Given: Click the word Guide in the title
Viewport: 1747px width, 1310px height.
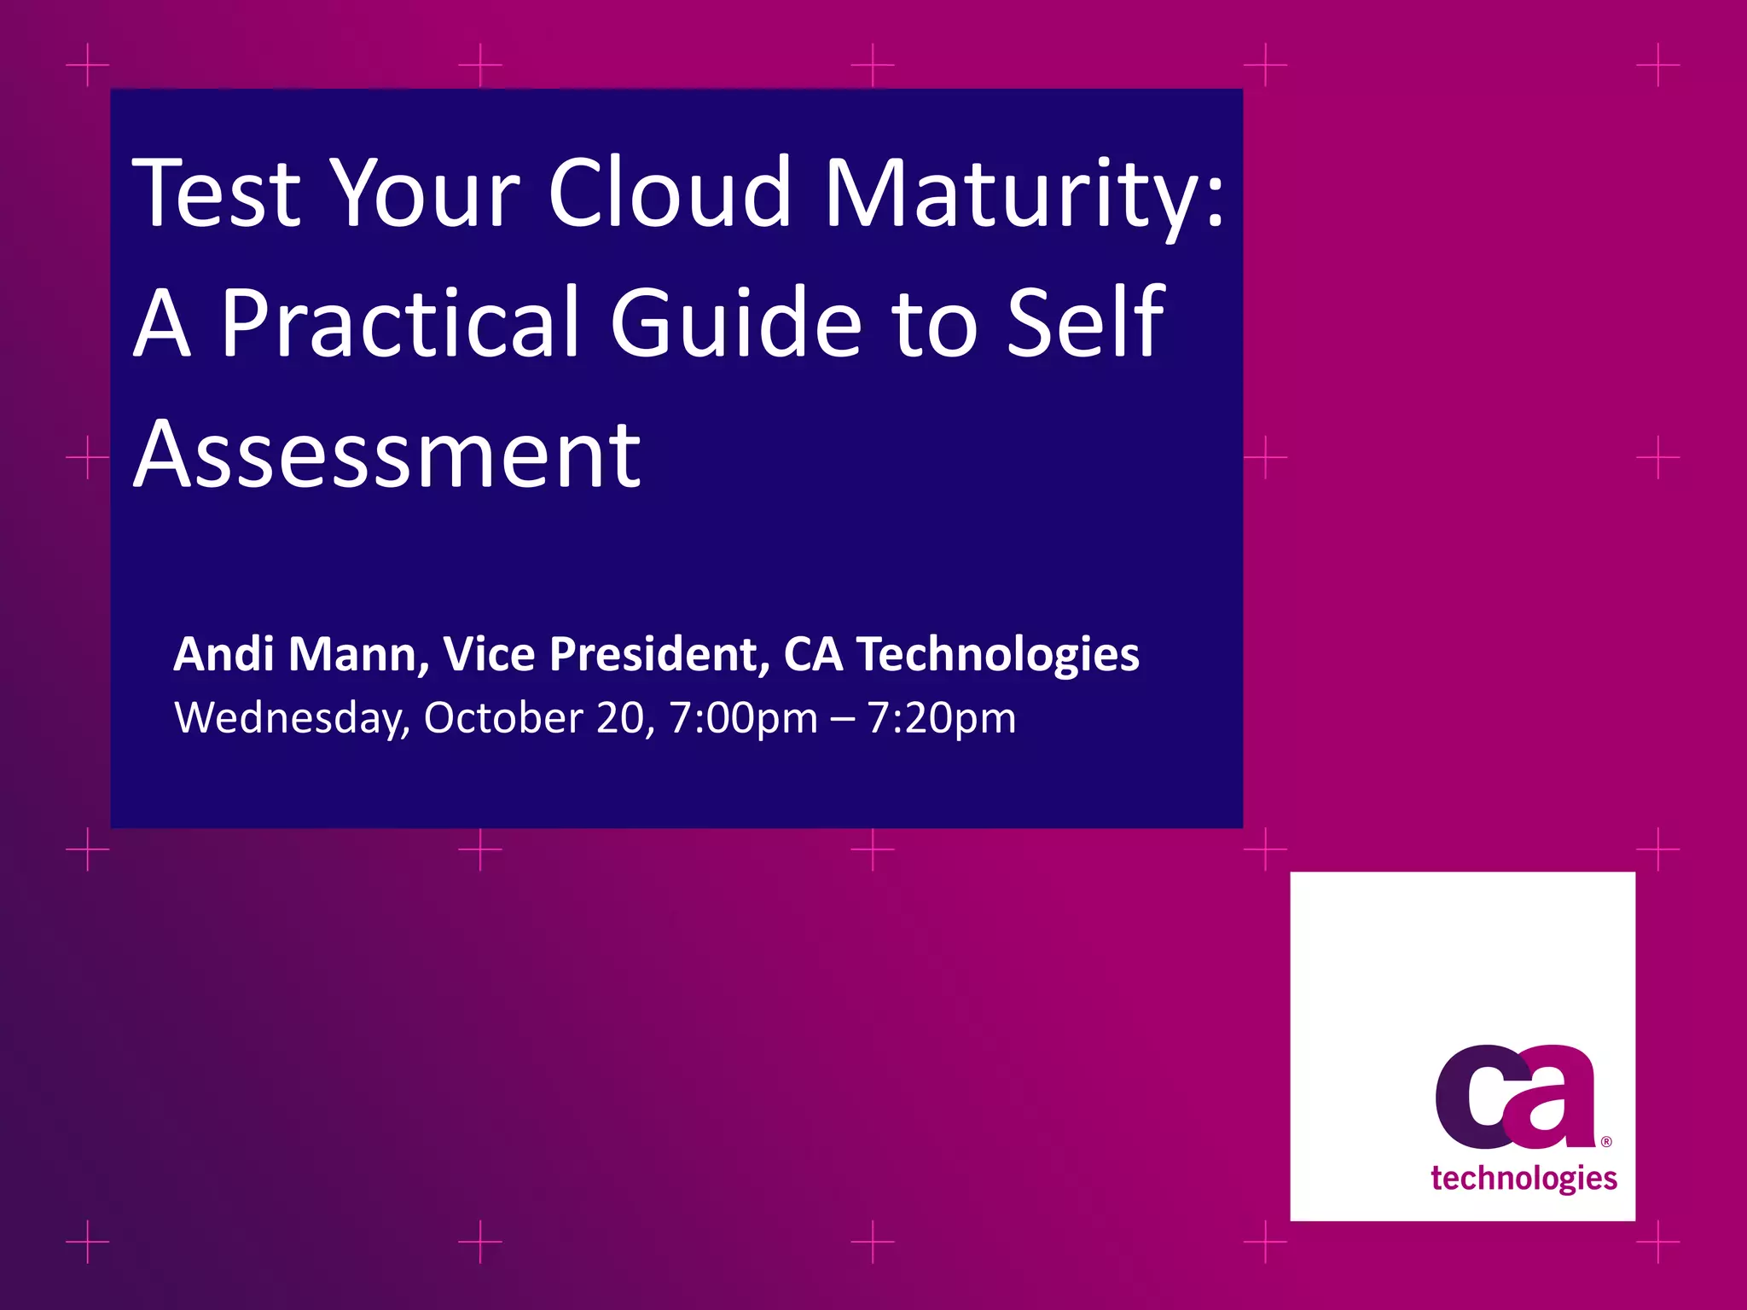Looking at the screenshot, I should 736,323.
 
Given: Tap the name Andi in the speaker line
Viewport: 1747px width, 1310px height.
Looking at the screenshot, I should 223,654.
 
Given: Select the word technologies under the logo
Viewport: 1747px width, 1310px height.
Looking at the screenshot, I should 1524,1179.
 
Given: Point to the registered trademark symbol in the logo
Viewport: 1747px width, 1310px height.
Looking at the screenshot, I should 1606,1142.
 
